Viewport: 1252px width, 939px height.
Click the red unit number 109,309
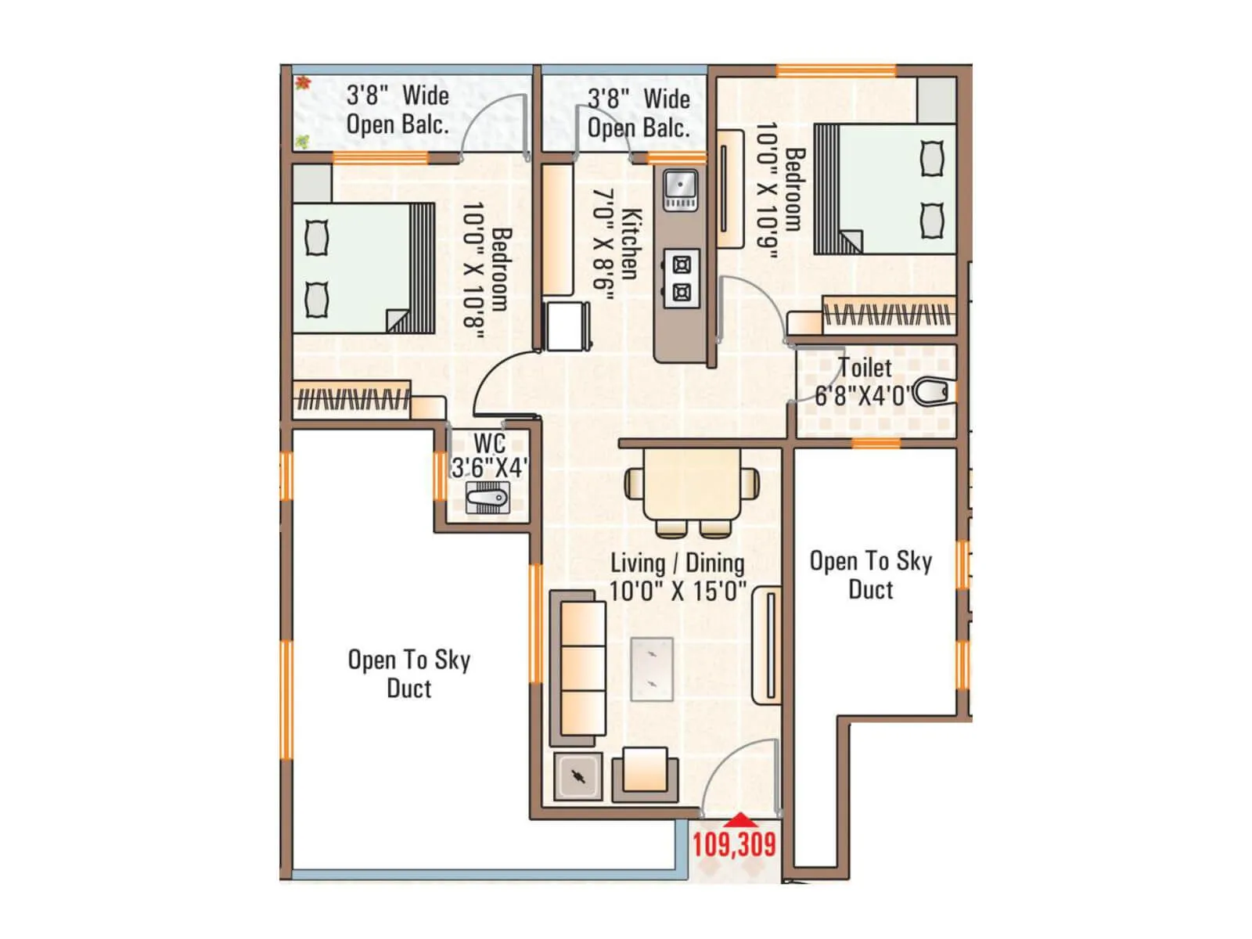tap(733, 844)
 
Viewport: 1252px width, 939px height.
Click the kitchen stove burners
tap(682, 279)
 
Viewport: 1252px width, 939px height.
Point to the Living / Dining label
tap(677, 563)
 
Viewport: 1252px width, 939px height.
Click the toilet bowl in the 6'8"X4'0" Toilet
tap(933, 392)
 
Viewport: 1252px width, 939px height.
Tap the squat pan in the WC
tap(487, 498)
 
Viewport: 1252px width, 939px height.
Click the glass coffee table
tap(652, 669)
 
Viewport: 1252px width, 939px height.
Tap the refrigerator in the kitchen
tap(567, 326)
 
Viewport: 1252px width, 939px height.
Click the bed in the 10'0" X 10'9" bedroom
tap(885, 189)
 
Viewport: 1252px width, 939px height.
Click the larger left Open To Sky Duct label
tap(408, 674)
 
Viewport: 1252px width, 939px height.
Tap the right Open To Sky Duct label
tap(870, 574)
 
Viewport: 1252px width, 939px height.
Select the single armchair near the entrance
tap(645, 774)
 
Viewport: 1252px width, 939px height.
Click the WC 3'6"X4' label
tap(489, 456)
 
